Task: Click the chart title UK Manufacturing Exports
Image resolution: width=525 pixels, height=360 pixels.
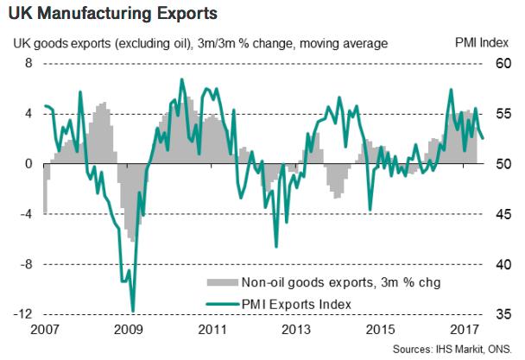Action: pyautogui.click(x=113, y=14)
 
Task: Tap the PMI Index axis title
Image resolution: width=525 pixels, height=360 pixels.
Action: pyautogui.click(x=482, y=43)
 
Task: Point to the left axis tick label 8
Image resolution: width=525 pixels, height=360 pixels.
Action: pyautogui.click(x=28, y=63)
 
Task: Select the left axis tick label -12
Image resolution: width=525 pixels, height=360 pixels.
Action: pyautogui.click(x=22, y=314)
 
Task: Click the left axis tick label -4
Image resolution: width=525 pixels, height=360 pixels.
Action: pyautogui.click(x=26, y=213)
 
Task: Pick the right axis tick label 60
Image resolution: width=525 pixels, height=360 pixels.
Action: pyautogui.click(x=503, y=63)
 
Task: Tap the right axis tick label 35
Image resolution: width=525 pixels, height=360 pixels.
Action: pyautogui.click(x=503, y=314)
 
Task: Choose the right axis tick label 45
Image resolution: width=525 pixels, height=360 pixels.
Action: pyautogui.click(x=503, y=213)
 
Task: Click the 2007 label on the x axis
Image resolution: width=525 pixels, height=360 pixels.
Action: pyautogui.click(x=45, y=330)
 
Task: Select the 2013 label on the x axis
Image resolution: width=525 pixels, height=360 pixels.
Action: pyautogui.click(x=296, y=330)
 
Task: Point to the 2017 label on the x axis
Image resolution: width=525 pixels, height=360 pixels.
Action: pyautogui.click(x=464, y=330)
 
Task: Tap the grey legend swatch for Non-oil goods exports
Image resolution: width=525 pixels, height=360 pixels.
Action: pyautogui.click(x=222, y=282)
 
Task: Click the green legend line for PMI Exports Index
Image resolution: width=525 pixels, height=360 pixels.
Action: pyautogui.click(x=222, y=304)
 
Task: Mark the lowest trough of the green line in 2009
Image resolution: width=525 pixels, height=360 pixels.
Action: pyautogui.click(x=133, y=312)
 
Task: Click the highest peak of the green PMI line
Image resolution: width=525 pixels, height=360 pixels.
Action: pyautogui.click(x=182, y=79)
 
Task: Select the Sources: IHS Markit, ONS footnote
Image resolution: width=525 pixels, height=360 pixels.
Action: pyautogui.click(x=452, y=350)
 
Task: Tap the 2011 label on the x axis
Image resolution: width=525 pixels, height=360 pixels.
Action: pyautogui.click(x=212, y=330)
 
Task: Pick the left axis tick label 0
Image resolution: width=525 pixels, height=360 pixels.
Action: pyautogui.click(x=28, y=164)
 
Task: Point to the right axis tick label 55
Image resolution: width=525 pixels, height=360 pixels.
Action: pyautogui.click(x=503, y=114)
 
